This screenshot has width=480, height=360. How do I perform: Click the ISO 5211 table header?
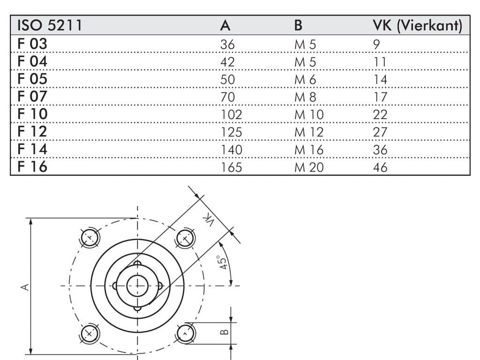pos(50,25)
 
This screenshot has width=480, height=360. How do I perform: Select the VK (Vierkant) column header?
pos(418,25)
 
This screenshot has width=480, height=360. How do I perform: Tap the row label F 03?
pos(32,44)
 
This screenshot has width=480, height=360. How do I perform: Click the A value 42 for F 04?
pos(227,62)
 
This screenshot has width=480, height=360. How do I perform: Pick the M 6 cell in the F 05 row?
pos(305,80)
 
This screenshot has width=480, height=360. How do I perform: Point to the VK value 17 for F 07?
pos(380,97)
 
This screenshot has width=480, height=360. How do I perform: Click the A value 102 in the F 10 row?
pos(232,115)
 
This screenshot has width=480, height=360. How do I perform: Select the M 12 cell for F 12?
pos(309,132)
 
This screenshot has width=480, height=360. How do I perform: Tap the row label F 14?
pos(32,149)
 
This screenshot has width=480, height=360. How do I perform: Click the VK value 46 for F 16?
pos(380,167)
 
